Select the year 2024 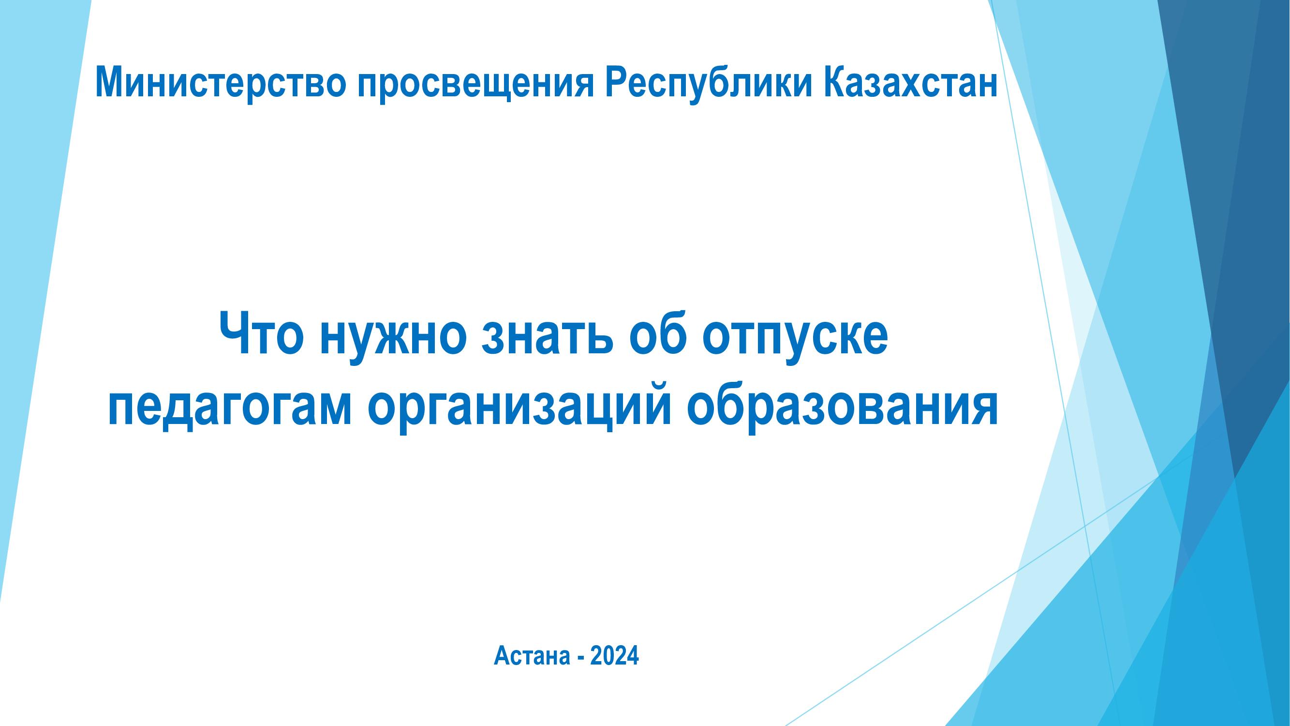click(614, 656)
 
